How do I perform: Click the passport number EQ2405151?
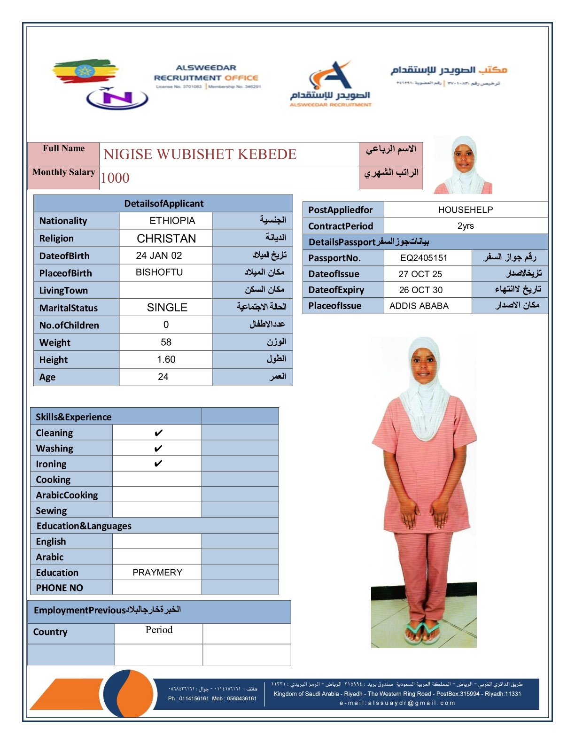(424, 258)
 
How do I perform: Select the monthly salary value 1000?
(115, 178)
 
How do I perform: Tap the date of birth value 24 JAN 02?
(159, 256)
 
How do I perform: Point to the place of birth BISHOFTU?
(159, 272)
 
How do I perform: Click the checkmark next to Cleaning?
(158, 433)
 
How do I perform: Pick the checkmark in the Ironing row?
(158, 464)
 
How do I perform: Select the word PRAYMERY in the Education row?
(157, 573)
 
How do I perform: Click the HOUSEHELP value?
(466, 210)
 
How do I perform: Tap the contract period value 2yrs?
(466, 226)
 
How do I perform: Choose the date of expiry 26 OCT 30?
(421, 290)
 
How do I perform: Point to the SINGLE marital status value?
(167, 308)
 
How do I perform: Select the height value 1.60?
(166, 360)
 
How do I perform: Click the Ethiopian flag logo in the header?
(85, 72)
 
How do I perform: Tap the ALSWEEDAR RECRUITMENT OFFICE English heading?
(206, 73)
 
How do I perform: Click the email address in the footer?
(397, 703)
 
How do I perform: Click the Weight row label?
(55, 343)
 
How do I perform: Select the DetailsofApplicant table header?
(163, 203)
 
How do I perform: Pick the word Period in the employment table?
(159, 630)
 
